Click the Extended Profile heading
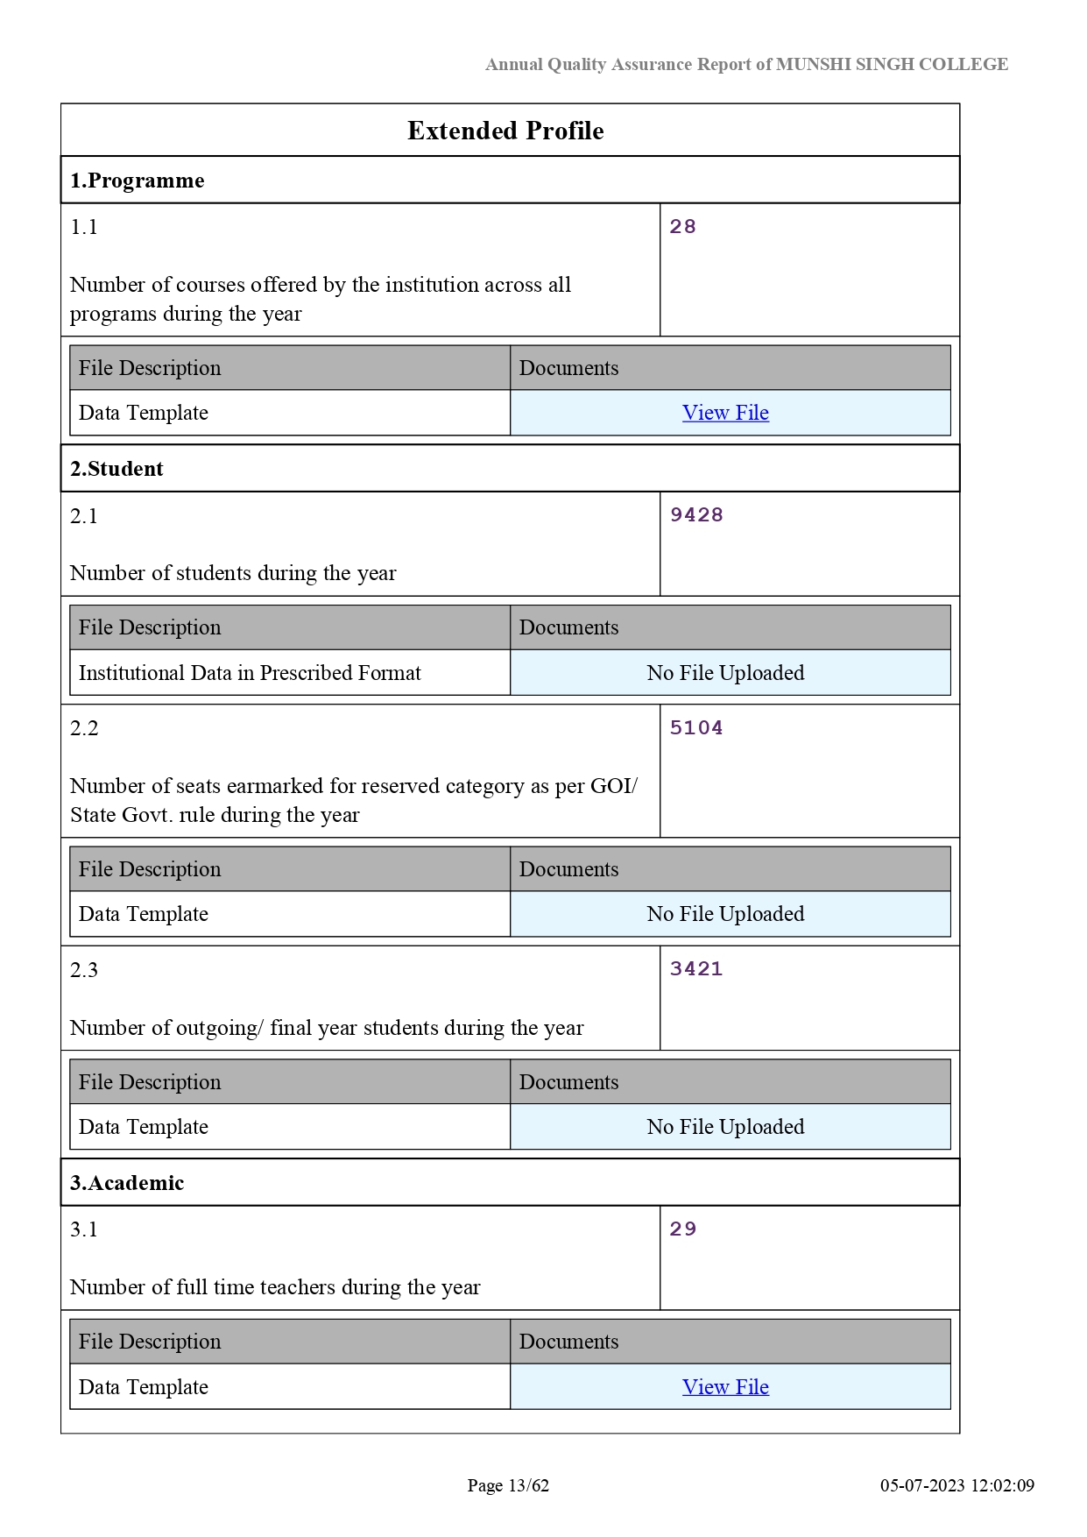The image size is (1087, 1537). click(x=505, y=131)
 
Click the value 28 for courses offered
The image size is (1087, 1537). click(x=682, y=227)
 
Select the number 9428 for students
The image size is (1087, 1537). click(x=696, y=515)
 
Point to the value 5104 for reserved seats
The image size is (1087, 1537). click(x=696, y=728)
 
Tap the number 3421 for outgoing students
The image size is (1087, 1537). click(x=696, y=969)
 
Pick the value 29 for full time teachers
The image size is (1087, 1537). click(x=682, y=1229)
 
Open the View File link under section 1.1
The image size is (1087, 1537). click(x=725, y=413)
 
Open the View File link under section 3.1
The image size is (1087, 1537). click(x=725, y=1387)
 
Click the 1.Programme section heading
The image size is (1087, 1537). click(x=138, y=181)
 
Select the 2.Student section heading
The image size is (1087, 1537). click(x=116, y=469)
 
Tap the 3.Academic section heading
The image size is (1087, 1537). click(x=127, y=1183)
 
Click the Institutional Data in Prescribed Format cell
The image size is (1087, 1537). click(x=250, y=673)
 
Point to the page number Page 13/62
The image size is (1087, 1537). click(x=508, y=1485)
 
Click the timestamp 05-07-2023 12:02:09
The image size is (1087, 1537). click(x=957, y=1485)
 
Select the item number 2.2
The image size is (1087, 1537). click(x=84, y=728)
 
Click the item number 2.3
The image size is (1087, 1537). click(x=84, y=970)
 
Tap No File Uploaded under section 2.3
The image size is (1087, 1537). click(x=725, y=1127)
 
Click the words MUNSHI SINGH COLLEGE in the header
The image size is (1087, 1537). click(x=892, y=64)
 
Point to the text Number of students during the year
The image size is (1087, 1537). click(x=233, y=573)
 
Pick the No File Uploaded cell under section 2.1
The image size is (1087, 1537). click(x=725, y=673)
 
